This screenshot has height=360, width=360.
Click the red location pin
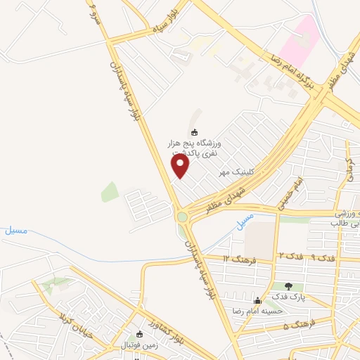click(181, 166)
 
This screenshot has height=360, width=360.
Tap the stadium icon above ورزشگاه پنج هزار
click(195, 131)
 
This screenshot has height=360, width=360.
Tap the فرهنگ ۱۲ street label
click(234, 259)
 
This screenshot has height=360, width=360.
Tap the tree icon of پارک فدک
click(289, 286)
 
